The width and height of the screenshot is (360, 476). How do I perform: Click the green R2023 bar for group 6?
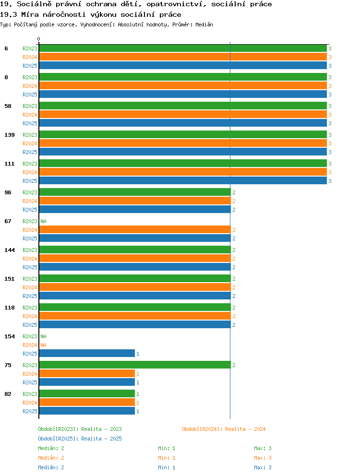[x=183, y=48]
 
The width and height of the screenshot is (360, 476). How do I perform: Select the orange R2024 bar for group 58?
[x=183, y=115]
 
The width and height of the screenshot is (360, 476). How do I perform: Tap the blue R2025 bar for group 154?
[x=87, y=353]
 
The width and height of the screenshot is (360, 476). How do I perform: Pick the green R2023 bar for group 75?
[x=135, y=365]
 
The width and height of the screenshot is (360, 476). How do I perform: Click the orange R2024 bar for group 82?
[x=87, y=402]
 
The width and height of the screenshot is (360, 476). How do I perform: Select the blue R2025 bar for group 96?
[x=135, y=210]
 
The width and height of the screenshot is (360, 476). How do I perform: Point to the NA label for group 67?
[x=44, y=221]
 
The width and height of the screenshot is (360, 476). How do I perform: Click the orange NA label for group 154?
[x=44, y=345]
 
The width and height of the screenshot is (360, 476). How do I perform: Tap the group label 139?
[x=10, y=135]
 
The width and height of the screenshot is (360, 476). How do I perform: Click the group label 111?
[x=10, y=164]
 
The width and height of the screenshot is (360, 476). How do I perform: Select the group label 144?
[x=10, y=250]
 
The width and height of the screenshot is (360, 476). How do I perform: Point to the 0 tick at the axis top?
[x=38, y=39]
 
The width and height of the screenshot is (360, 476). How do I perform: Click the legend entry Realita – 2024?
[x=224, y=429]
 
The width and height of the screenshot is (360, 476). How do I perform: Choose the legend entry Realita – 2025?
[x=80, y=439]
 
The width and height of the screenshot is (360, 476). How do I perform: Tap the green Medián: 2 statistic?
[x=51, y=448]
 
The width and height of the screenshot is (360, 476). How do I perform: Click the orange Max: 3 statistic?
[x=263, y=458]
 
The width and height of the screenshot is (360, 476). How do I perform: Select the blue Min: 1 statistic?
[x=167, y=467]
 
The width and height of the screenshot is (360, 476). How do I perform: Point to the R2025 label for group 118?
[x=30, y=325]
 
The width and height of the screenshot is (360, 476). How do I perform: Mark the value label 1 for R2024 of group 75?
[x=138, y=374]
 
